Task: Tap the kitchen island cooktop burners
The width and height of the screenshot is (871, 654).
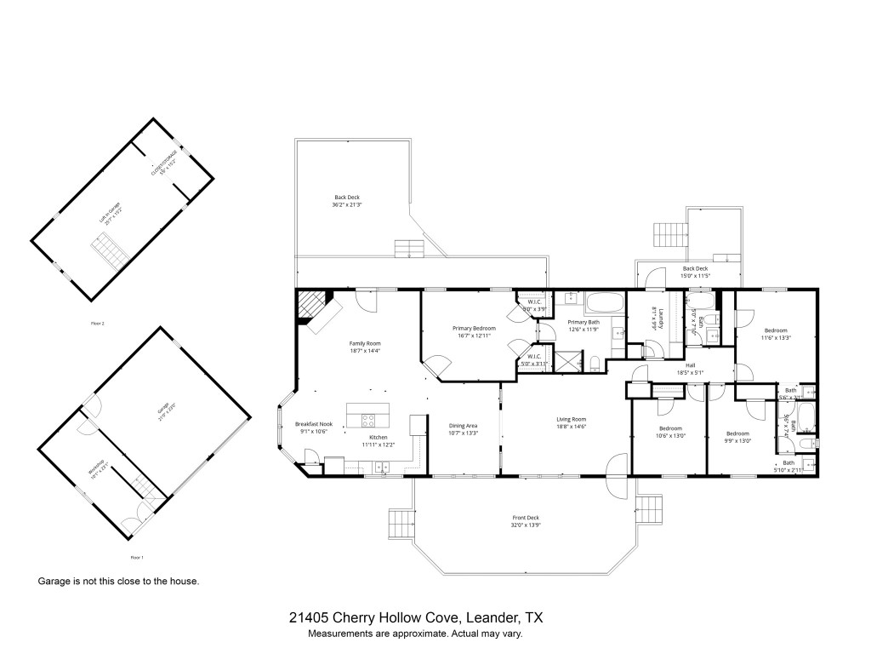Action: [367, 418]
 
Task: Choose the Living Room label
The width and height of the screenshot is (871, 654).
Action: [572, 419]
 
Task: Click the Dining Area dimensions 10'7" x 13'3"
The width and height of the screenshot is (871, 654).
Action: [463, 433]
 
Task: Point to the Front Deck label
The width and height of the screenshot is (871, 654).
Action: [526, 518]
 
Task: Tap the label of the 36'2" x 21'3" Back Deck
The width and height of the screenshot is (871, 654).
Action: [346, 198]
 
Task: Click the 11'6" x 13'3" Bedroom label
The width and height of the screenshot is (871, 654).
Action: [775, 330]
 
